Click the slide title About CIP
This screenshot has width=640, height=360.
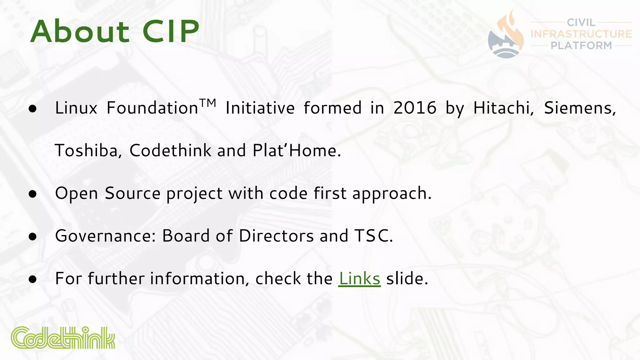[x=115, y=32]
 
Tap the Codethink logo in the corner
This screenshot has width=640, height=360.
[x=63, y=338]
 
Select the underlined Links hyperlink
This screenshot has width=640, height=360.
[x=359, y=278]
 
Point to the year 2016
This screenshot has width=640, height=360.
[x=415, y=108]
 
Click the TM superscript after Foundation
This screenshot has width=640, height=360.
[x=208, y=102]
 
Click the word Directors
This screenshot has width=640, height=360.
[x=276, y=236]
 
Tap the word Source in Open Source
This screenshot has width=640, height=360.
[x=132, y=193]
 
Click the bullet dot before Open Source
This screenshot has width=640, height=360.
[x=32, y=194]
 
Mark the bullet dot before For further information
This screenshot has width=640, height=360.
[x=32, y=279]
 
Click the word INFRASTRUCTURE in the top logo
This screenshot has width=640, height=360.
[x=581, y=34]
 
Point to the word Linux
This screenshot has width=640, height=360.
[x=76, y=108]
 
